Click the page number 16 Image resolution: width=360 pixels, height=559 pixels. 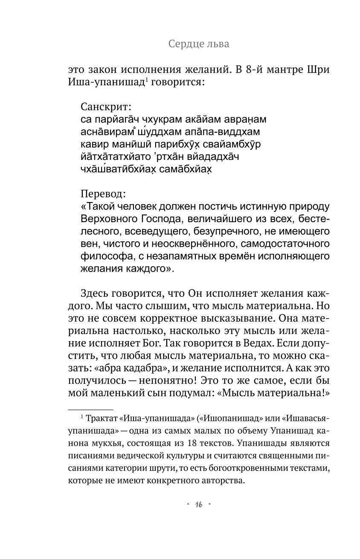coord(199,504)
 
